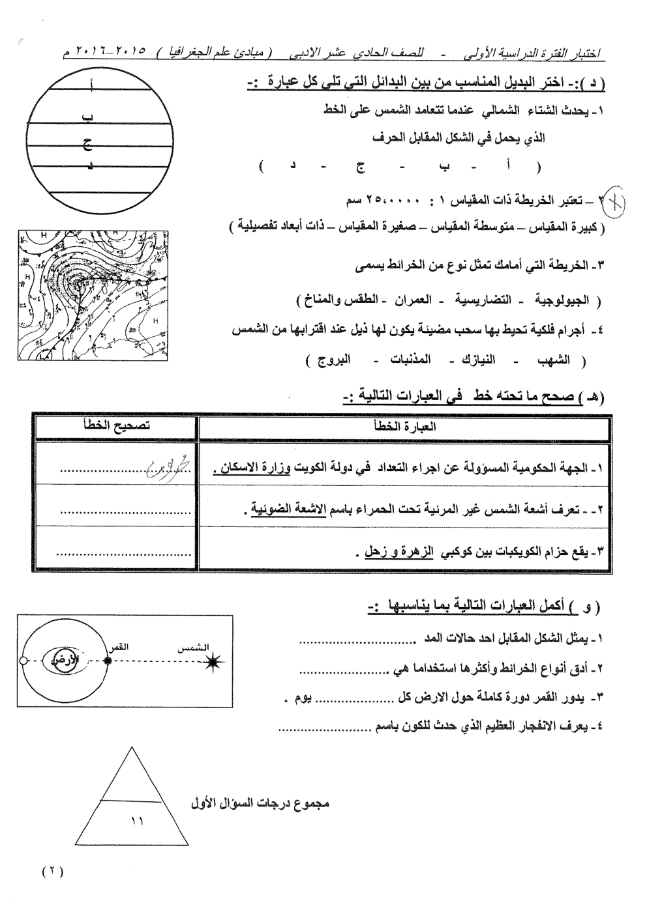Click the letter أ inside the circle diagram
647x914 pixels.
pyautogui.click(x=91, y=83)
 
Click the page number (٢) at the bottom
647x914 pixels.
pyautogui.click(x=52, y=872)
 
